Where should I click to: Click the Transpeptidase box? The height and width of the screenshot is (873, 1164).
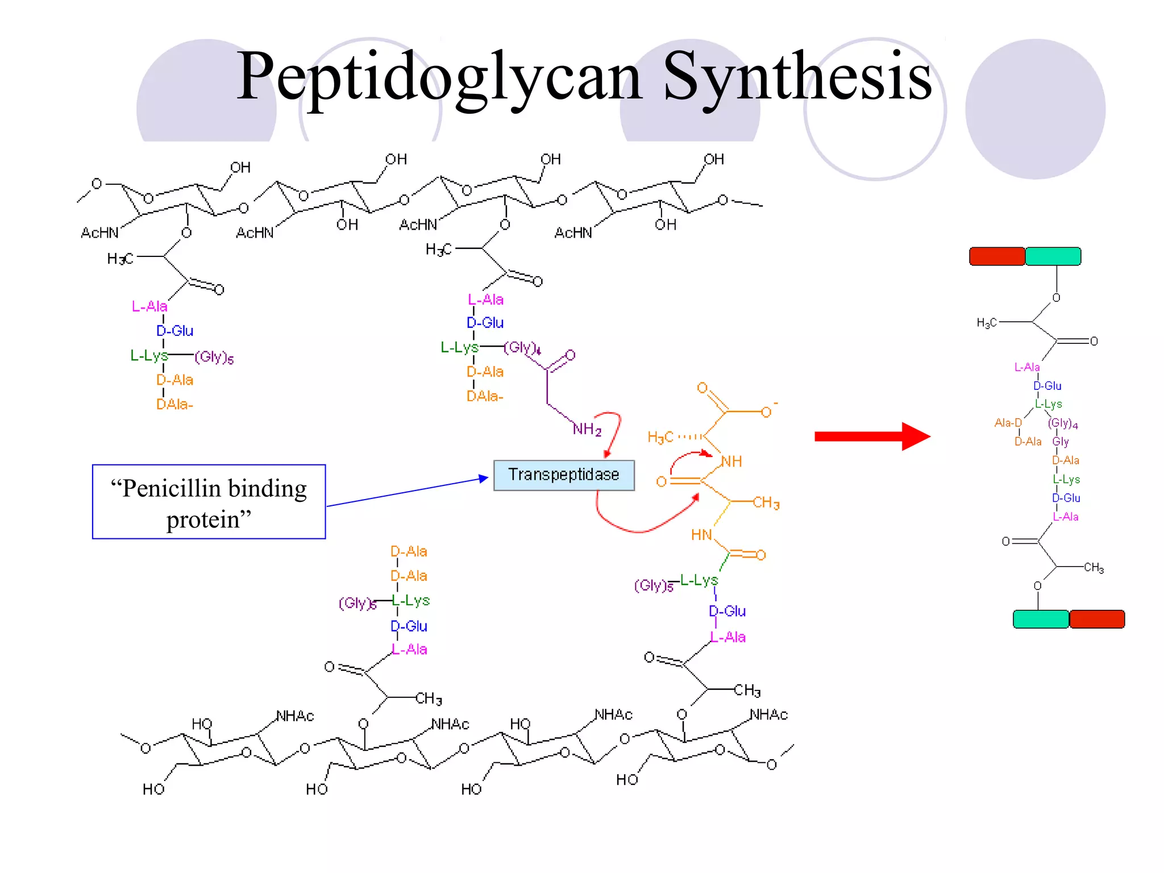pyautogui.click(x=563, y=475)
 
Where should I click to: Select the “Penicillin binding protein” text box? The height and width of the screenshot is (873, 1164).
pyautogui.click(x=209, y=502)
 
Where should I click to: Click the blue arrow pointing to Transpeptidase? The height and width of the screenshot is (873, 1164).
pyautogui.click(x=407, y=492)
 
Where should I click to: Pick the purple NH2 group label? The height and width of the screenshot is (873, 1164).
pyautogui.click(x=587, y=429)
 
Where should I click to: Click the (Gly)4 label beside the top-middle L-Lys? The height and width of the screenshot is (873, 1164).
pyautogui.click(x=522, y=347)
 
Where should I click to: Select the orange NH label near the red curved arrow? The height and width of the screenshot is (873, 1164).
pyautogui.click(x=731, y=462)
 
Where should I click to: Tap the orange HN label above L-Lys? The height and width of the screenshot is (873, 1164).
pyautogui.click(x=701, y=535)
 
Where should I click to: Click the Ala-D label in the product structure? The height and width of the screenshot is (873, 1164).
pyautogui.click(x=1008, y=423)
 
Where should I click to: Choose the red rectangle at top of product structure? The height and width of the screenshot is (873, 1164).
pyautogui.click(x=997, y=256)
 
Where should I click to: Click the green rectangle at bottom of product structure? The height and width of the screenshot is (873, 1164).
pyautogui.click(x=1041, y=619)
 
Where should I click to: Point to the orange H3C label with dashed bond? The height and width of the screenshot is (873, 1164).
pyautogui.click(x=661, y=437)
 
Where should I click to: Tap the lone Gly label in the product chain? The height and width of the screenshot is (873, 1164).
pyautogui.click(x=1061, y=442)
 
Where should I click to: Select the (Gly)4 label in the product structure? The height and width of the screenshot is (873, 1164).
pyautogui.click(x=1063, y=423)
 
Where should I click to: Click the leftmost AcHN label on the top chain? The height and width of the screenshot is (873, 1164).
pyautogui.click(x=99, y=233)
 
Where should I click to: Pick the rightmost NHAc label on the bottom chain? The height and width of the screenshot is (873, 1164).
pyautogui.click(x=768, y=715)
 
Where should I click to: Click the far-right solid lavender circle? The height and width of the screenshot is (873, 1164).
pyautogui.click(x=1035, y=109)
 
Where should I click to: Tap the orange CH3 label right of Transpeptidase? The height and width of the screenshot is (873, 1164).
pyautogui.click(x=766, y=503)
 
